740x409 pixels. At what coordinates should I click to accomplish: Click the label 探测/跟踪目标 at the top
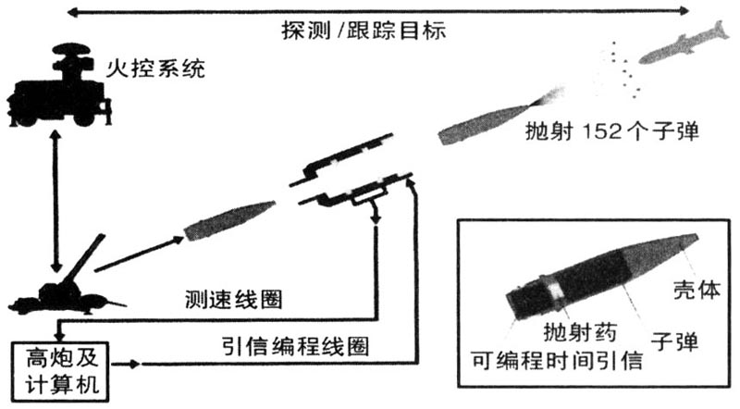point(364,31)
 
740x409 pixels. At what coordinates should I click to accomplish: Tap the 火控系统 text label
point(155,68)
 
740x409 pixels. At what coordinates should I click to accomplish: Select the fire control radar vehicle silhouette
point(59,85)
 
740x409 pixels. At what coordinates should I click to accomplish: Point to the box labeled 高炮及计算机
point(60,372)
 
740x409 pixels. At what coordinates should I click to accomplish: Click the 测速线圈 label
point(234,300)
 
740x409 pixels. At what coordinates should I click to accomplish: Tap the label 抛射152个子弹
point(612,130)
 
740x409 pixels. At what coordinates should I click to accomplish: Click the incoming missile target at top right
point(684,43)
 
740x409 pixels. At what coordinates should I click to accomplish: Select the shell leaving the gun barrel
point(229,220)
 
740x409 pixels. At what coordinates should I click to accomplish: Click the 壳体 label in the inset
point(697,290)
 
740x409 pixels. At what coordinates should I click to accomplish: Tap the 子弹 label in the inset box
point(674,341)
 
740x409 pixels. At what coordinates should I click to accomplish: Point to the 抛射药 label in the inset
point(580,332)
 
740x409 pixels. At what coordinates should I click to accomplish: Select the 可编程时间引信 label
point(557,361)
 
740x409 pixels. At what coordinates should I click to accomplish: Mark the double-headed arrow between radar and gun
point(56,201)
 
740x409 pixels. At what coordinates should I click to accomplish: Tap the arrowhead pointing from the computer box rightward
point(134,365)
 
